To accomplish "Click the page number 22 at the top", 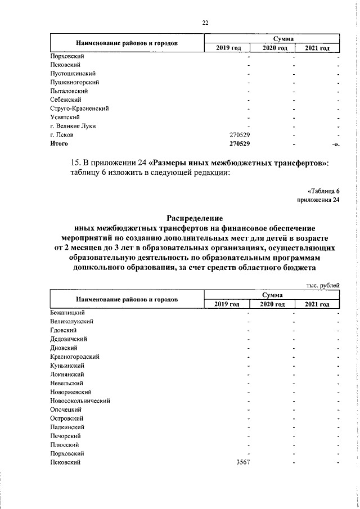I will [205, 22].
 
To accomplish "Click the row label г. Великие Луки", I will [73, 126].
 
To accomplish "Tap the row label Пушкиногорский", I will [74, 82].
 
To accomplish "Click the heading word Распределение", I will [195, 218].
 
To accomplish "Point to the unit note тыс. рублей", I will [323, 285].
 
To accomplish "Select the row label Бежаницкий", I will [67, 312].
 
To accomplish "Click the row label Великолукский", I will [71, 321].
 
